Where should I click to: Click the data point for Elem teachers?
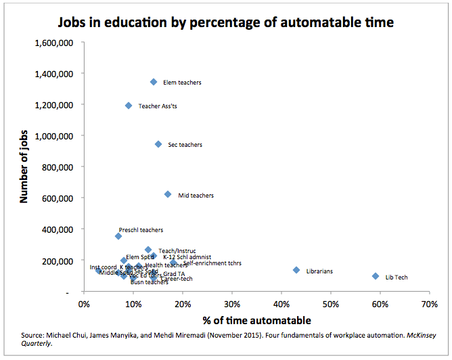(153, 82)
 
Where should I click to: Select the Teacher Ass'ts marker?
(129, 106)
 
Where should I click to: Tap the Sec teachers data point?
(158, 144)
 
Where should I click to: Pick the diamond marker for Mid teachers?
(168, 194)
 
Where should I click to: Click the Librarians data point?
(296, 270)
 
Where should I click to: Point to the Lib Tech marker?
(376, 276)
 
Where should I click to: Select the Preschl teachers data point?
(118, 236)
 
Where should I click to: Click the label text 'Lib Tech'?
(397, 277)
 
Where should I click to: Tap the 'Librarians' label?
(319, 271)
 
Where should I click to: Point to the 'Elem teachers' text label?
(182, 83)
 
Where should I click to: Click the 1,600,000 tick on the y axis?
(54, 42)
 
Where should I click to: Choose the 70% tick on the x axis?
(430, 304)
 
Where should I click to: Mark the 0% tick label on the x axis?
(84, 304)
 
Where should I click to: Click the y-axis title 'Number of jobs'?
(24, 167)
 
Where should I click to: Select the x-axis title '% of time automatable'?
(256, 319)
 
